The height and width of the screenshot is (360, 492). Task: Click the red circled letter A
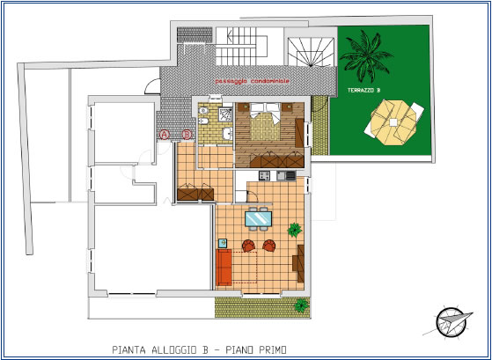click(165, 135)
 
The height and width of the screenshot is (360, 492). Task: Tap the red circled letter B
click(187, 135)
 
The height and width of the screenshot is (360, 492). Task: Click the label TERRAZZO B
click(364, 90)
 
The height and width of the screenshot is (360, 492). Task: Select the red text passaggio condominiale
click(253, 81)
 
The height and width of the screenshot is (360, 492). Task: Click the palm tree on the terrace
click(366, 55)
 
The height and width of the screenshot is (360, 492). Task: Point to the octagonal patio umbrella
click(393, 122)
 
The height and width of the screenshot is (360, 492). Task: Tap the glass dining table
click(258, 219)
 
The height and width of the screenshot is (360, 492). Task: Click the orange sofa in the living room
click(224, 268)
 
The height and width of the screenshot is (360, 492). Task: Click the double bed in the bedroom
click(265, 121)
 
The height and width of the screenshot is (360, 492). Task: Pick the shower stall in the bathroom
click(226, 114)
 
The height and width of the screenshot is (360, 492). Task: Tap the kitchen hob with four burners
click(264, 175)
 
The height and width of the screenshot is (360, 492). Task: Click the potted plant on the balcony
click(302, 305)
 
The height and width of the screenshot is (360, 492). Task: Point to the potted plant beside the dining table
click(295, 230)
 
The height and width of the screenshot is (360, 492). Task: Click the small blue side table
click(223, 243)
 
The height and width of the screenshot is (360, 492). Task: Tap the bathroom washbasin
click(227, 134)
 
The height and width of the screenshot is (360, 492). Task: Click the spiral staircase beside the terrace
click(311, 52)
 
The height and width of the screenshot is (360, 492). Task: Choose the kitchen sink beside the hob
click(281, 175)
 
